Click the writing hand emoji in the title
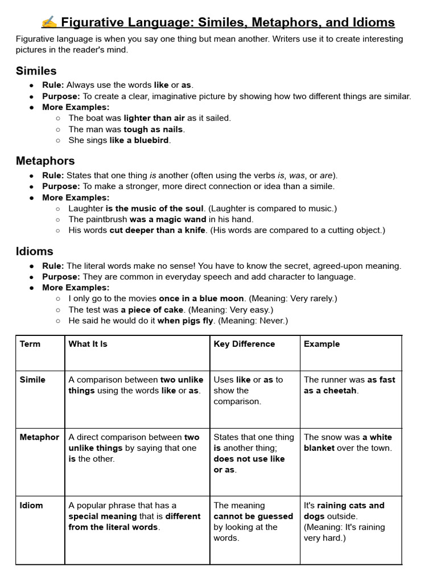click(x=49, y=22)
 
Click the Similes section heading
click(x=36, y=71)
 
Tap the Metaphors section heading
click(x=45, y=161)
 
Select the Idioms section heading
click(x=35, y=251)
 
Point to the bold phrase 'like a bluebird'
click(x=139, y=140)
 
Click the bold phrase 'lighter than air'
click(x=154, y=118)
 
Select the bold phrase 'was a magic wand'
click(x=167, y=219)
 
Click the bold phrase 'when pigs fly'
click(x=185, y=321)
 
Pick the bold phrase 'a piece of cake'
click(x=152, y=310)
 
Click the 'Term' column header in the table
click(x=30, y=344)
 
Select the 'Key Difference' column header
click(x=244, y=344)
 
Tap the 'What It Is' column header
click(x=88, y=344)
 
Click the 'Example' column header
click(x=321, y=344)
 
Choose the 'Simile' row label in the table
click(x=32, y=380)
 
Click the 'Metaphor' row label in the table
click(x=39, y=437)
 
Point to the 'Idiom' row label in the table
click(x=31, y=506)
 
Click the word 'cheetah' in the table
click(x=340, y=391)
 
